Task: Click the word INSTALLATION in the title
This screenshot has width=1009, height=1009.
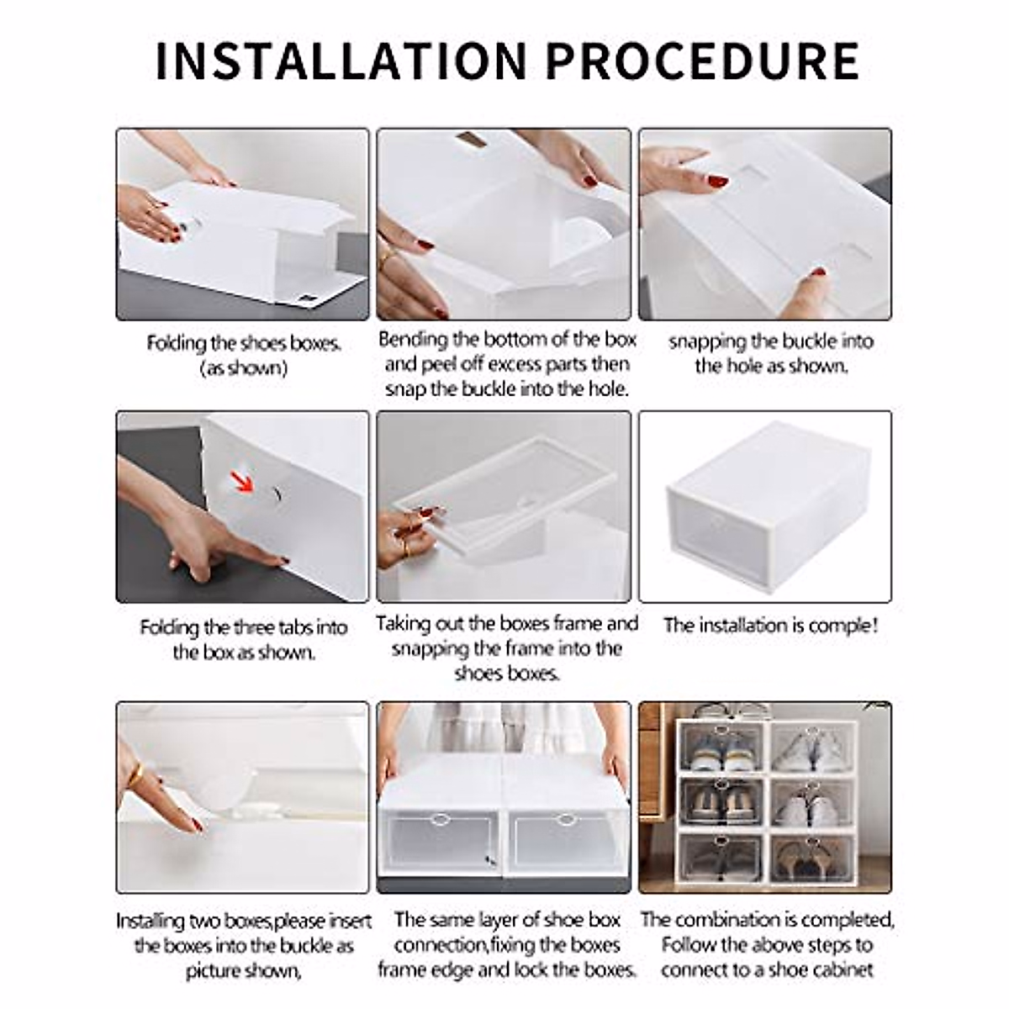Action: [341, 60]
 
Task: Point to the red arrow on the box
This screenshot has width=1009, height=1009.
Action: [243, 482]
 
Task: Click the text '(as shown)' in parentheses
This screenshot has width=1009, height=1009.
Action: [243, 368]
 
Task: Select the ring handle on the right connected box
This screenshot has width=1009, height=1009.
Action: [568, 818]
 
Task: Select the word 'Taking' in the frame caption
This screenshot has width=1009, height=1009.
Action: [402, 624]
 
